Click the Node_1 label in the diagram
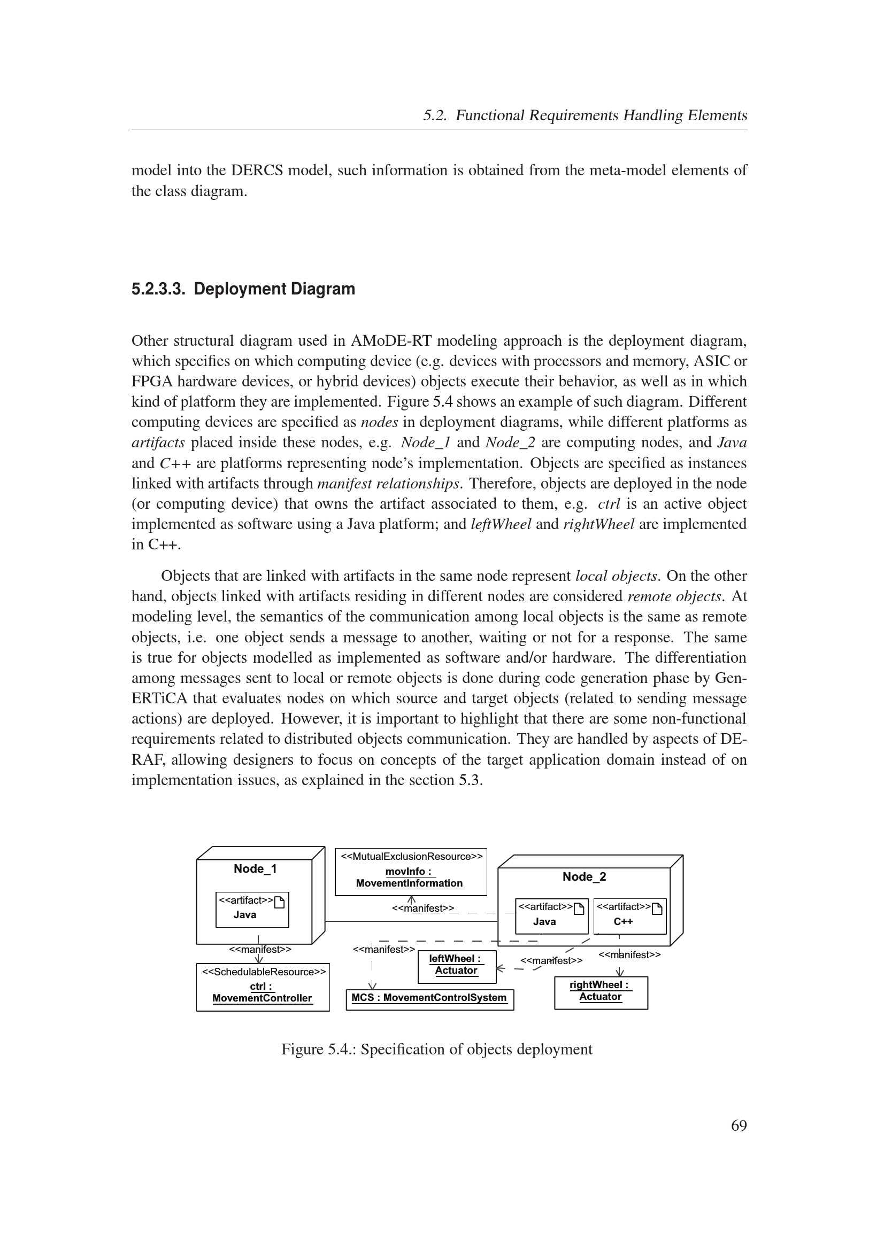tap(255, 868)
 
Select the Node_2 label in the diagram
tap(584, 876)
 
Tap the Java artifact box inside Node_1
tap(252, 910)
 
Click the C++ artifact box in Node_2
tap(629, 916)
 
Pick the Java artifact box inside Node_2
tap(551, 916)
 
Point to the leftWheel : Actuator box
tap(456, 966)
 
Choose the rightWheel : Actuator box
tap(601, 992)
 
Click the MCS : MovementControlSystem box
tap(429, 999)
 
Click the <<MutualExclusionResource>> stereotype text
tap(411, 856)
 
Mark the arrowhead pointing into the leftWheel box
tap(501, 968)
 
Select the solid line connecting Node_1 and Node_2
tap(411, 921)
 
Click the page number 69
tap(739, 1125)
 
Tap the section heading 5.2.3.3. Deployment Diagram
tap(243, 289)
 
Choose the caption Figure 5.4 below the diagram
tap(436, 1049)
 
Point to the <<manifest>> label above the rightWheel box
tap(629, 954)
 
